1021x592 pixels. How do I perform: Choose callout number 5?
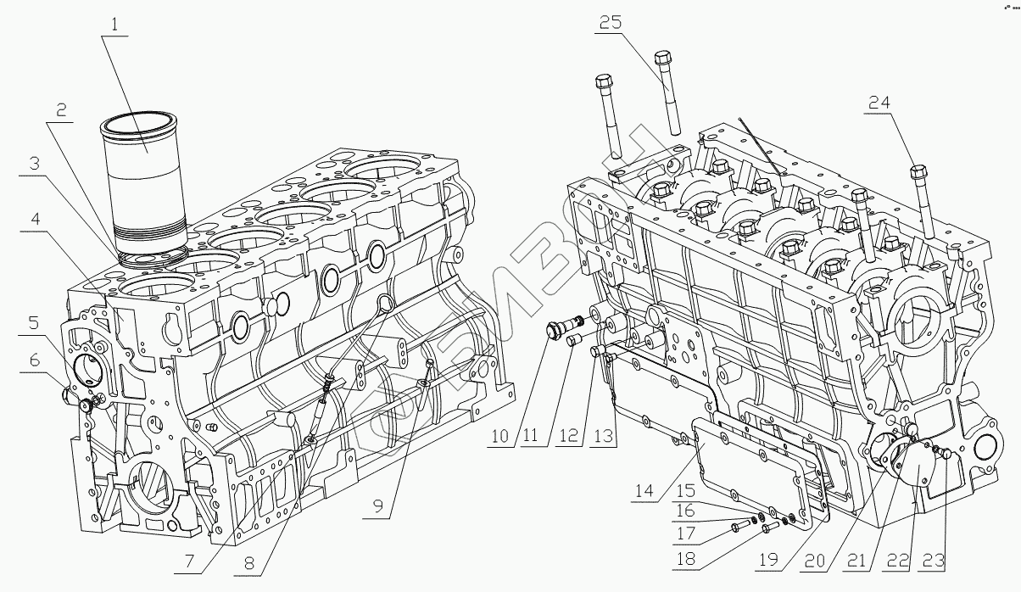(31, 322)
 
